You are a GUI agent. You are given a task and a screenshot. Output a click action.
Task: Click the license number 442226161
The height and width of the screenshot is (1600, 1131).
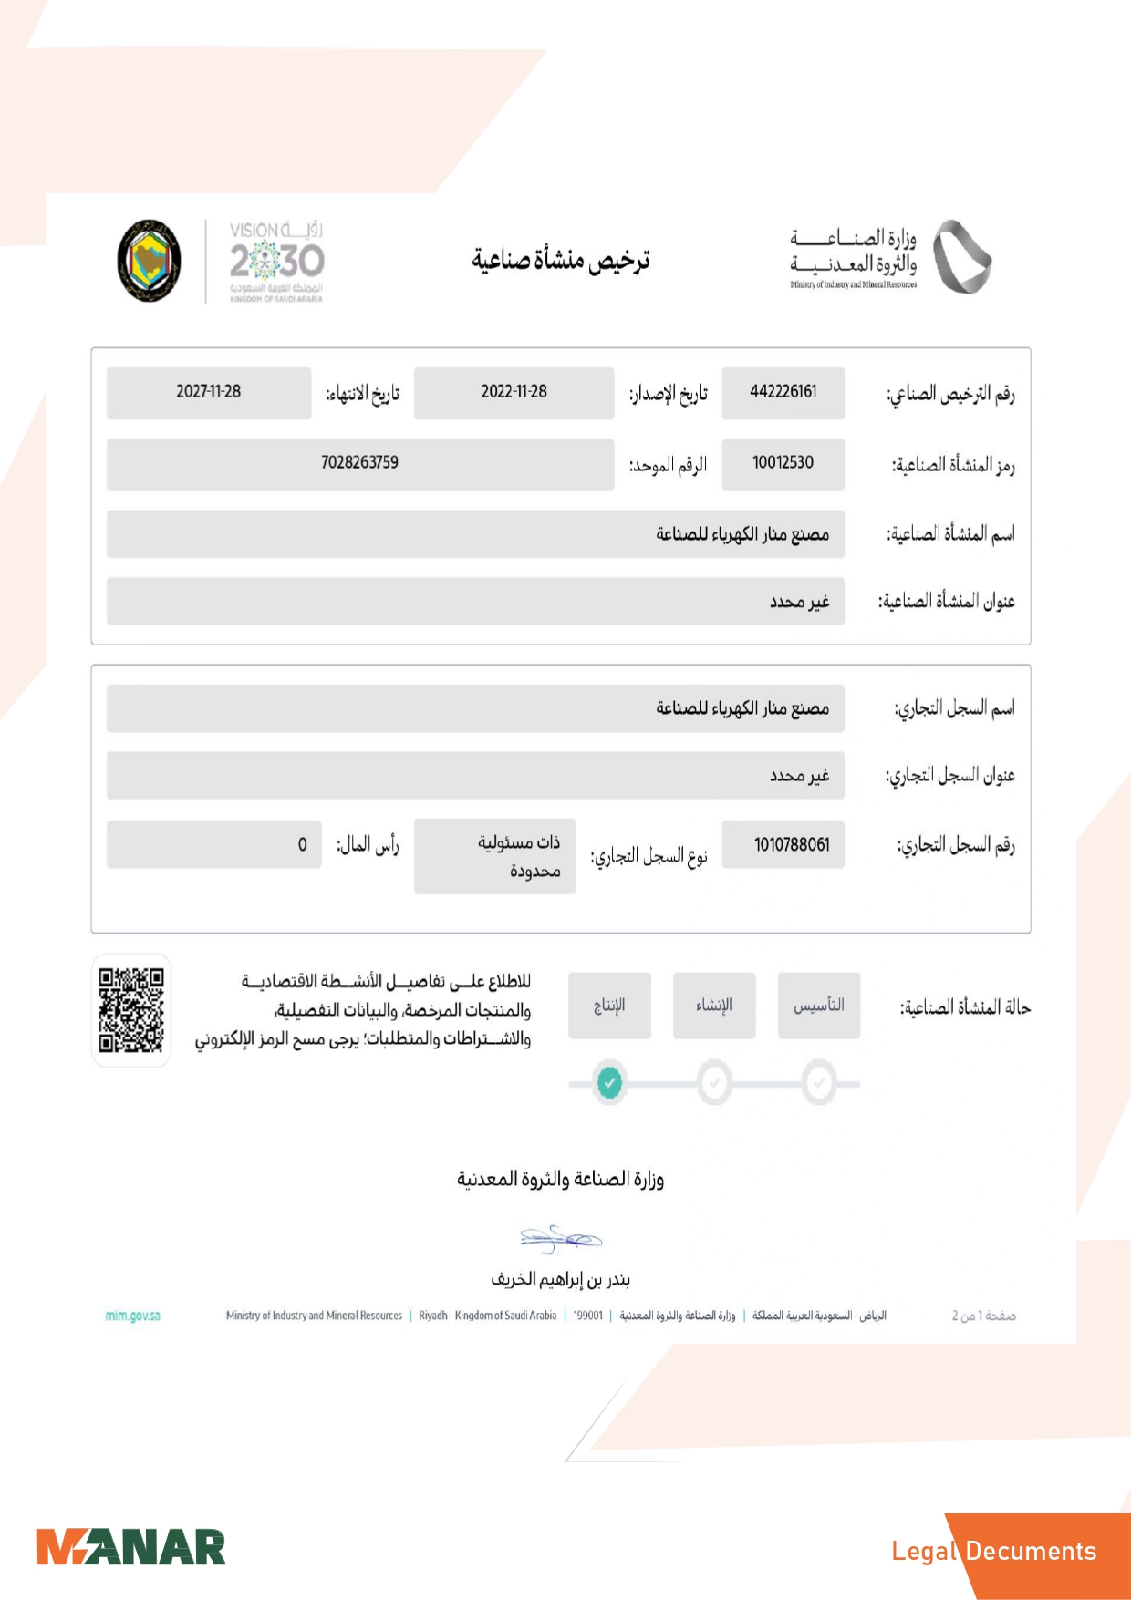point(783,392)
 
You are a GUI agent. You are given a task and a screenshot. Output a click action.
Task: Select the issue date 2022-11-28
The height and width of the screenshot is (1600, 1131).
point(514,392)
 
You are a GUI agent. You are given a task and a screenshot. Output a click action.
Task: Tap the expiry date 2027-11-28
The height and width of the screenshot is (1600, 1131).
point(208,392)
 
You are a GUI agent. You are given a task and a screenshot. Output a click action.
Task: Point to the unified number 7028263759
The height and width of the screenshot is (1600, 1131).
point(359,463)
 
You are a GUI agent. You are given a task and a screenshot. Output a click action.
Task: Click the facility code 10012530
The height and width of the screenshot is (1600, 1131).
point(783,463)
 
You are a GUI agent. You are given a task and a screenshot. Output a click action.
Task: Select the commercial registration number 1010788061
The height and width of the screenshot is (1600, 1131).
point(792,845)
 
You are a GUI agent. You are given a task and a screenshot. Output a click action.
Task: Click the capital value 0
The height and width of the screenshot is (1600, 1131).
point(302,845)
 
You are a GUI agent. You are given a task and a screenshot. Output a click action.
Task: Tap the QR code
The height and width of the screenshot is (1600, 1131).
point(131,1010)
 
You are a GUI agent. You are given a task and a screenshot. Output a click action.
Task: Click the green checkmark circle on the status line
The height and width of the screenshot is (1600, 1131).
point(609,1083)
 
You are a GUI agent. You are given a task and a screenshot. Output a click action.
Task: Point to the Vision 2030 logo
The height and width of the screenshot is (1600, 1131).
point(276,261)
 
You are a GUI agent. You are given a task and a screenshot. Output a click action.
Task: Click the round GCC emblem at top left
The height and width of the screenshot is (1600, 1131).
point(149,261)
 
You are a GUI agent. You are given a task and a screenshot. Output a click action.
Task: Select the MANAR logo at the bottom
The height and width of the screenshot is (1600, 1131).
point(131,1548)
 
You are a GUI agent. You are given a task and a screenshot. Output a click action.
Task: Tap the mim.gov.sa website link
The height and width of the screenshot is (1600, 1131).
point(133,1316)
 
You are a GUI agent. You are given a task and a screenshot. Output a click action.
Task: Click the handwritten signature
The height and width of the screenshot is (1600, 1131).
point(560,1238)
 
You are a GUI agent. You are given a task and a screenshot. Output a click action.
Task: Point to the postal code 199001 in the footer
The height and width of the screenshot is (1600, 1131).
point(587,1316)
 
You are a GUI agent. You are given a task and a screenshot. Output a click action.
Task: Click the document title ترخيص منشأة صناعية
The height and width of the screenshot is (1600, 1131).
point(560,261)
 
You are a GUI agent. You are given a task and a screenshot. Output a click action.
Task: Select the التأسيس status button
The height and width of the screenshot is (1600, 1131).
point(818,1006)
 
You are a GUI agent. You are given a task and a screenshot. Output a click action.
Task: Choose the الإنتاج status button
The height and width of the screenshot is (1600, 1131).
point(609,1006)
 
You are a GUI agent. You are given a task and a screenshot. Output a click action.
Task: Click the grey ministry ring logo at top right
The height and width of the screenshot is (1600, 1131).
point(961,257)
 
